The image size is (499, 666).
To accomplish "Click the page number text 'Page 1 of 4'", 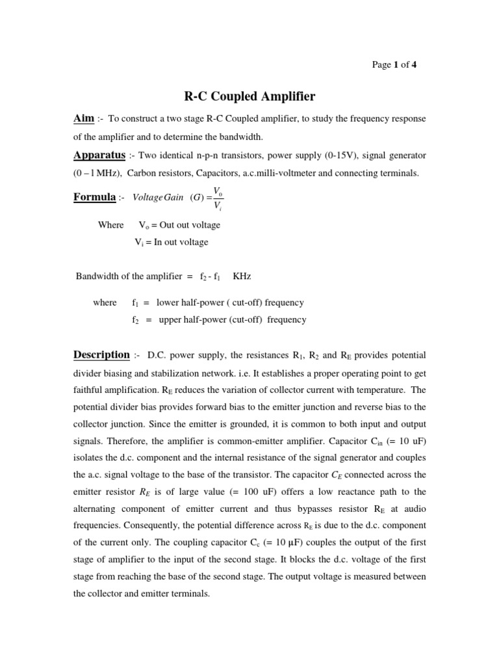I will [x=394, y=64].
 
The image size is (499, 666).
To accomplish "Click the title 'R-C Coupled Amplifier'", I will [x=249, y=97].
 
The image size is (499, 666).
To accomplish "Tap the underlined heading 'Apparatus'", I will [x=99, y=156].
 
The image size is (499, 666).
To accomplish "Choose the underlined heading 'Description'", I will [x=101, y=355].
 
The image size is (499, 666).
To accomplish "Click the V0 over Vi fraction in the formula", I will [x=217, y=197].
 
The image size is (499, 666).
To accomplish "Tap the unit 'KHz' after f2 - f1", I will [x=242, y=276].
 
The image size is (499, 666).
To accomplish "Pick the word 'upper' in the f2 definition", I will [x=170, y=320].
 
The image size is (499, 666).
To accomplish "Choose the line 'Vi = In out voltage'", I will [x=171, y=243].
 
